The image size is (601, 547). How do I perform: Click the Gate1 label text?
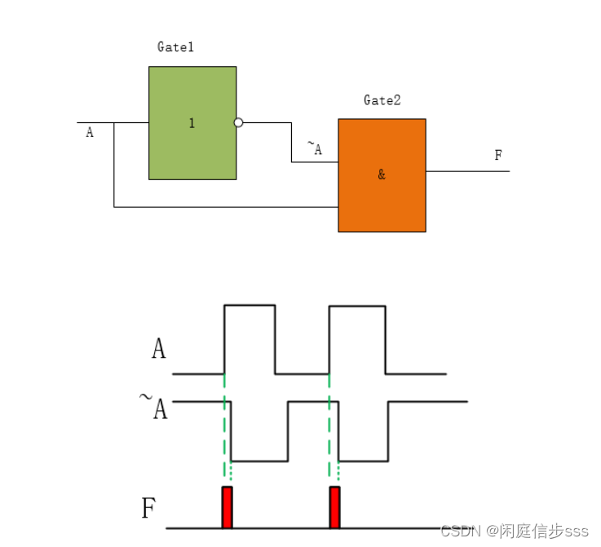pos(175,47)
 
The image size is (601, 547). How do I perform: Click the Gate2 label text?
pos(382,100)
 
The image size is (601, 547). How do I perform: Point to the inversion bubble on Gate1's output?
pos(238,123)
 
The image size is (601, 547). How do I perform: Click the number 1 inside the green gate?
pos(192,124)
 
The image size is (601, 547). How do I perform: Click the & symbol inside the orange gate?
pos(382,175)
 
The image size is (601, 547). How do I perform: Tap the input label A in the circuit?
pos(90,132)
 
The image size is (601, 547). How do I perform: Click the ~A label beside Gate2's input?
pos(315,148)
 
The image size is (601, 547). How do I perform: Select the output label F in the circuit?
pos(498,156)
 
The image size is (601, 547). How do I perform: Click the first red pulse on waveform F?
pos(228,507)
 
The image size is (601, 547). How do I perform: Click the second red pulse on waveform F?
pos(334,507)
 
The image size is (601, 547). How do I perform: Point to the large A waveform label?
pos(159,349)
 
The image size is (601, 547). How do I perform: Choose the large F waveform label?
pos(148,510)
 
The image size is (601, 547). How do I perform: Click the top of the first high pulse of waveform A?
pos(250,305)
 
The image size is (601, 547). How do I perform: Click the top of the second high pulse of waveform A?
pos(356,306)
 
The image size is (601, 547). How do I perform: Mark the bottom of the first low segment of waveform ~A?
pos(259,461)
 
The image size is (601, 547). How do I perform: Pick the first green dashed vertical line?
pos(223,432)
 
